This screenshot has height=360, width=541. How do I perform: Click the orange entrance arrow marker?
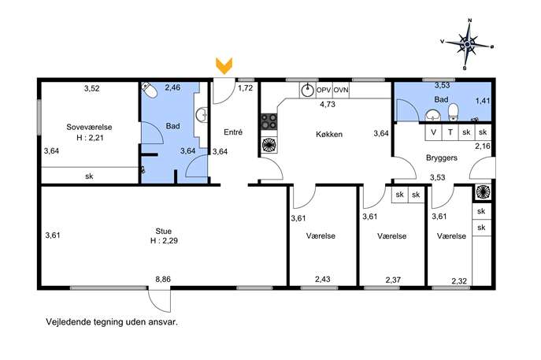[224, 66]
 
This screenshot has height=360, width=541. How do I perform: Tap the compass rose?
[467, 44]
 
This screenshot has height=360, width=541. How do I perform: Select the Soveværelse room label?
[89, 127]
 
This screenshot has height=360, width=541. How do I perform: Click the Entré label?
[233, 132]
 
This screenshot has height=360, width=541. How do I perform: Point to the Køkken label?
[329, 134]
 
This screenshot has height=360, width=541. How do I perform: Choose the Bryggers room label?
[442, 158]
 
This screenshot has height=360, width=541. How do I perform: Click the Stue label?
[164, 231]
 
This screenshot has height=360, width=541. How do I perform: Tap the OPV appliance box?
[324, 91]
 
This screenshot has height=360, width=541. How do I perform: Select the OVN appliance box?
[341, 91]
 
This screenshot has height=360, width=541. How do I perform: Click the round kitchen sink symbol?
[307, 91]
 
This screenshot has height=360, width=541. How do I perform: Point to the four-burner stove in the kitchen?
[269, 121]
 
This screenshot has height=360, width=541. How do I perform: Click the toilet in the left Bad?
[149, 91]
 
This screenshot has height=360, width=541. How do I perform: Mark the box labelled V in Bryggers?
[433, 132]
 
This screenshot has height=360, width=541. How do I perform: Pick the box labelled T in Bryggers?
[450, 132]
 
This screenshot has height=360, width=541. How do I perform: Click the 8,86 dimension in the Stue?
[163, 279]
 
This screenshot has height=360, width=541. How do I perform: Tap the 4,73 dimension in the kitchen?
[328, 104]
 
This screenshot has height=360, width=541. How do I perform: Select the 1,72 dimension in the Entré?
[246, 88]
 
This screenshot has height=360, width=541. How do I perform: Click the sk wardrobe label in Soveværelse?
[89, 176]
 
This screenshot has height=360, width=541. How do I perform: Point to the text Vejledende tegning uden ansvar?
[112, 322]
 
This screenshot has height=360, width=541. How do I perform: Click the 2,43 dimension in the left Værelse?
[323, 279]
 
